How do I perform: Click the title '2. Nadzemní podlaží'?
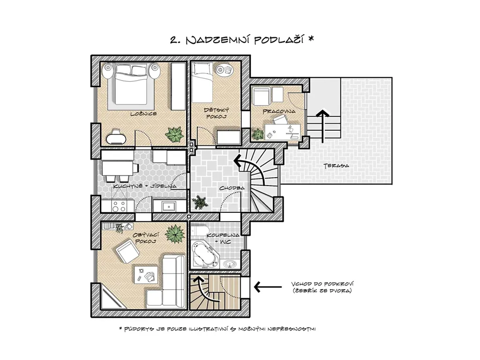click(238, 40)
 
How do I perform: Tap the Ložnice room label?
click(143, 114)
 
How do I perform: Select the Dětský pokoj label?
click(212, 113)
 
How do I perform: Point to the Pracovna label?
click(279, 112)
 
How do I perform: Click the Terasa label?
click(337, 165)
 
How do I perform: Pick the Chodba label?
click(232, 188)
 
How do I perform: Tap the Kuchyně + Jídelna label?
click(145, 186)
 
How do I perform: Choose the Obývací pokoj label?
click(145, 238)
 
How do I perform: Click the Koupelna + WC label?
click(223, 239)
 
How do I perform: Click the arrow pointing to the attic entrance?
click(268, 287)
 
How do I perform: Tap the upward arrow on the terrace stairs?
click(322, 126)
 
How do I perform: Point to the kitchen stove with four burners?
click(119, 206)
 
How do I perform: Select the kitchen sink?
click(169, 207)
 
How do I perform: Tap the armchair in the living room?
click(127, 251)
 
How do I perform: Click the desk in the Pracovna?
click(282, 132)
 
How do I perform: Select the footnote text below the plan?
click(217, 329)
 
